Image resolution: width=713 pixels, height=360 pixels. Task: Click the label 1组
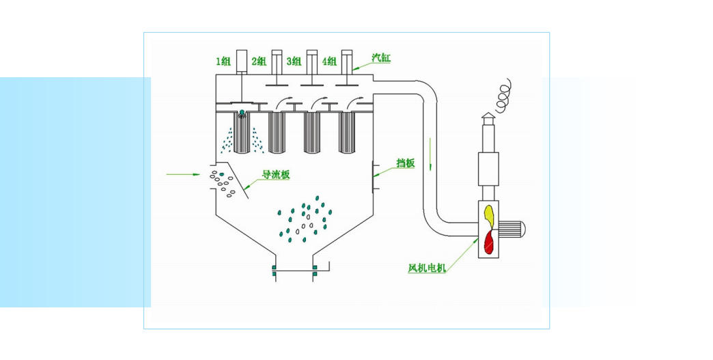click(223, 61)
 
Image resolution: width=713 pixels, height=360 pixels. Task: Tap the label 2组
click(259, 61)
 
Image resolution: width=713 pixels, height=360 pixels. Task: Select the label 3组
click(294, 61)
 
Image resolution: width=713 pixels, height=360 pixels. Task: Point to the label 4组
click(328, 61)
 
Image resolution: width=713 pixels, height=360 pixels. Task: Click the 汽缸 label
click(380, 58)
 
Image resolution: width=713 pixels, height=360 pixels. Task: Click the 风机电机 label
click(427, 268)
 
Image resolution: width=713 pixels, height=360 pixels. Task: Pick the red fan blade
click(489, 241)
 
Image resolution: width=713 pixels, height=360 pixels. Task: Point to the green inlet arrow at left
click(184, 175)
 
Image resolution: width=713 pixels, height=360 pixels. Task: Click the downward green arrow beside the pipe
click(431, 154)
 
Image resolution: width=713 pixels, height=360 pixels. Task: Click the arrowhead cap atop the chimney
click(488, 116)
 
